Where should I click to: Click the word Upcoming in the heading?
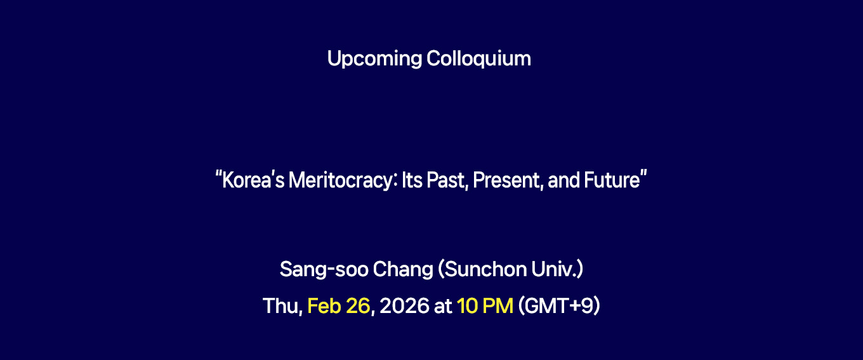(374, 59)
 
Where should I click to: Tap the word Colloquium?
(478, 59)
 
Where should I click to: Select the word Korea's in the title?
(253, 180)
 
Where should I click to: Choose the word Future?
(612, 180)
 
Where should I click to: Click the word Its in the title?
(412, 180)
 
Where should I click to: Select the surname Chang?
(403, 269)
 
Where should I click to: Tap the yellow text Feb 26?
(339, 306)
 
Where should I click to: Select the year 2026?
(404, 306)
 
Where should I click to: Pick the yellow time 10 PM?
(485, 306)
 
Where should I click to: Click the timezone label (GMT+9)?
(559, 306)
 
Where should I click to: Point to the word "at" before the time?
(443, 307)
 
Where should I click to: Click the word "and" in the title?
(563, 180)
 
